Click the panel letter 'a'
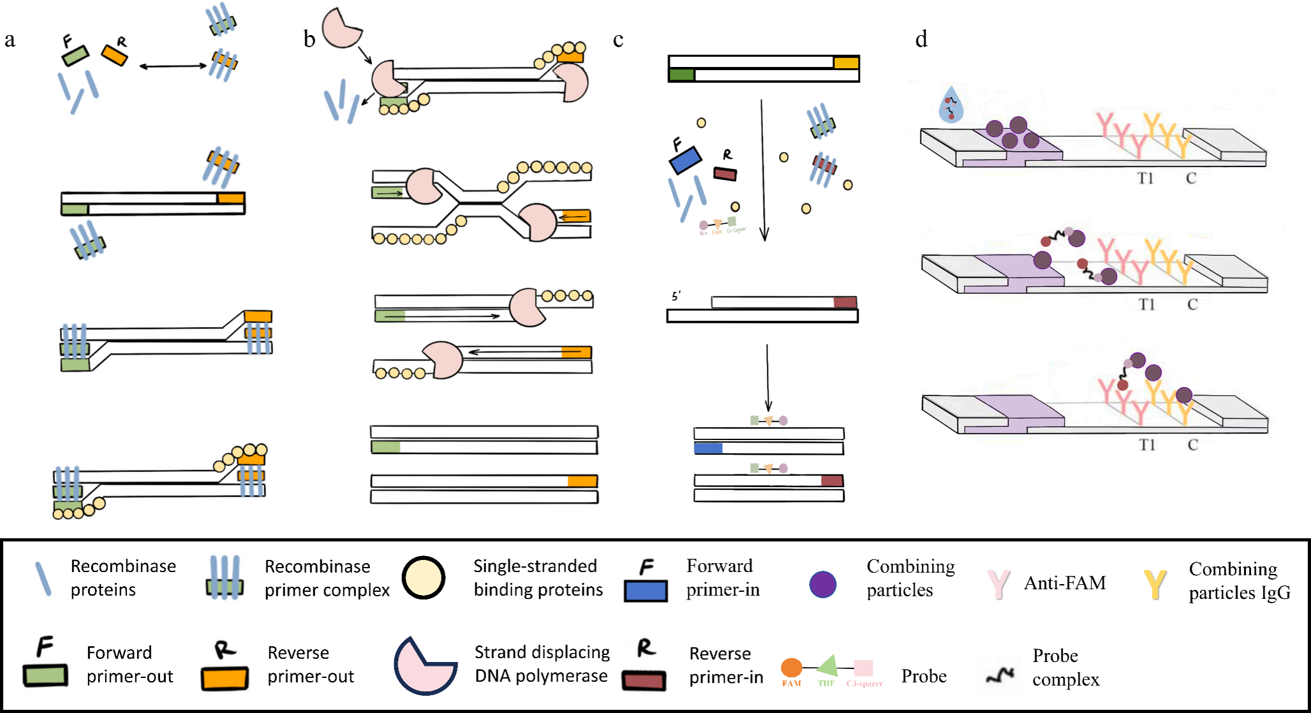pos(10,40)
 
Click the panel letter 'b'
pos(309,40)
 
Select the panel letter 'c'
pos(618,40)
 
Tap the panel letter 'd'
pos(921,40)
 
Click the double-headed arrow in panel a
pos(173,66)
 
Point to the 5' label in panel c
pos(676,296)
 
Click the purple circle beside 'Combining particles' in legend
pos(822,584)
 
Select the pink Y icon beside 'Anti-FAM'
pos(998,584)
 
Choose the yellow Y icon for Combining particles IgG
pos(1155,584)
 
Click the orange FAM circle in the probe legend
pos(791,668)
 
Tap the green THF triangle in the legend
pos(827,666)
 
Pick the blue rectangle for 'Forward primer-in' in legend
pos(646,591)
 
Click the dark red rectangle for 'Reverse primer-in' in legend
pos(644,680)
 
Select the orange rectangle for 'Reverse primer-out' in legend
pos(225,679)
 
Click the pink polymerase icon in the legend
pos(424,666)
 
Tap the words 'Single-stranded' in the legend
pos(535,566)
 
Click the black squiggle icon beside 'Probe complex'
pos(1000,675)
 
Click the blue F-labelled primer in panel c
pos(685,160)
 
